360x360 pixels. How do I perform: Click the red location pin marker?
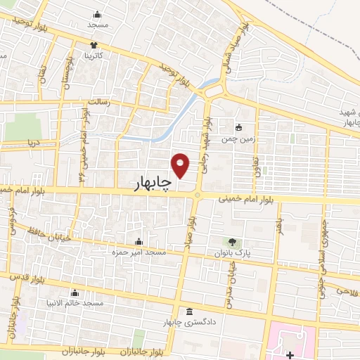[x=181, y=165]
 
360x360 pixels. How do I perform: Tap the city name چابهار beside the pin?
[x=153, y=184]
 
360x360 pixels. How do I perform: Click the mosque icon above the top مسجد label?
[x=97, y=14]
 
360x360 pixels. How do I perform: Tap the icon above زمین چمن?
[x=240, y=128]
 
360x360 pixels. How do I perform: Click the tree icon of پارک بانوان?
[x=233, y=241]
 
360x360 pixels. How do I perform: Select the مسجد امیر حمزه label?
[x=139, y=251]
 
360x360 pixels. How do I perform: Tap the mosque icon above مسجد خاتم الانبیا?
[x=75, y=292]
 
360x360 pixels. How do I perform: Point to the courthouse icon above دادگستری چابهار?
[x=188, y=311]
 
